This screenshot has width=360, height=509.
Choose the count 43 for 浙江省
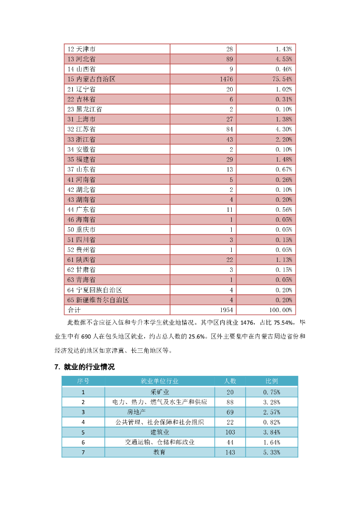pyautogui.click(x=229, y=139)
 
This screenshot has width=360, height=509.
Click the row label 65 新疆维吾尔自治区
pyautogui.click(x=98, y=300)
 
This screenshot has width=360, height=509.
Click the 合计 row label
pyautogui.click(x=73, y=310)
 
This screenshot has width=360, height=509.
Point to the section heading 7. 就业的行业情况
pyautogui.click(x=85, y=367)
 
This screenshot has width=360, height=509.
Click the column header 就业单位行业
pyautogui.click(x=159, y=381)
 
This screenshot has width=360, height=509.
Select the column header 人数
pyautogui.click(x=230, y=381)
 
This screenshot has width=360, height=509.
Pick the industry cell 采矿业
pyautogui.click(x=159, y=391)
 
